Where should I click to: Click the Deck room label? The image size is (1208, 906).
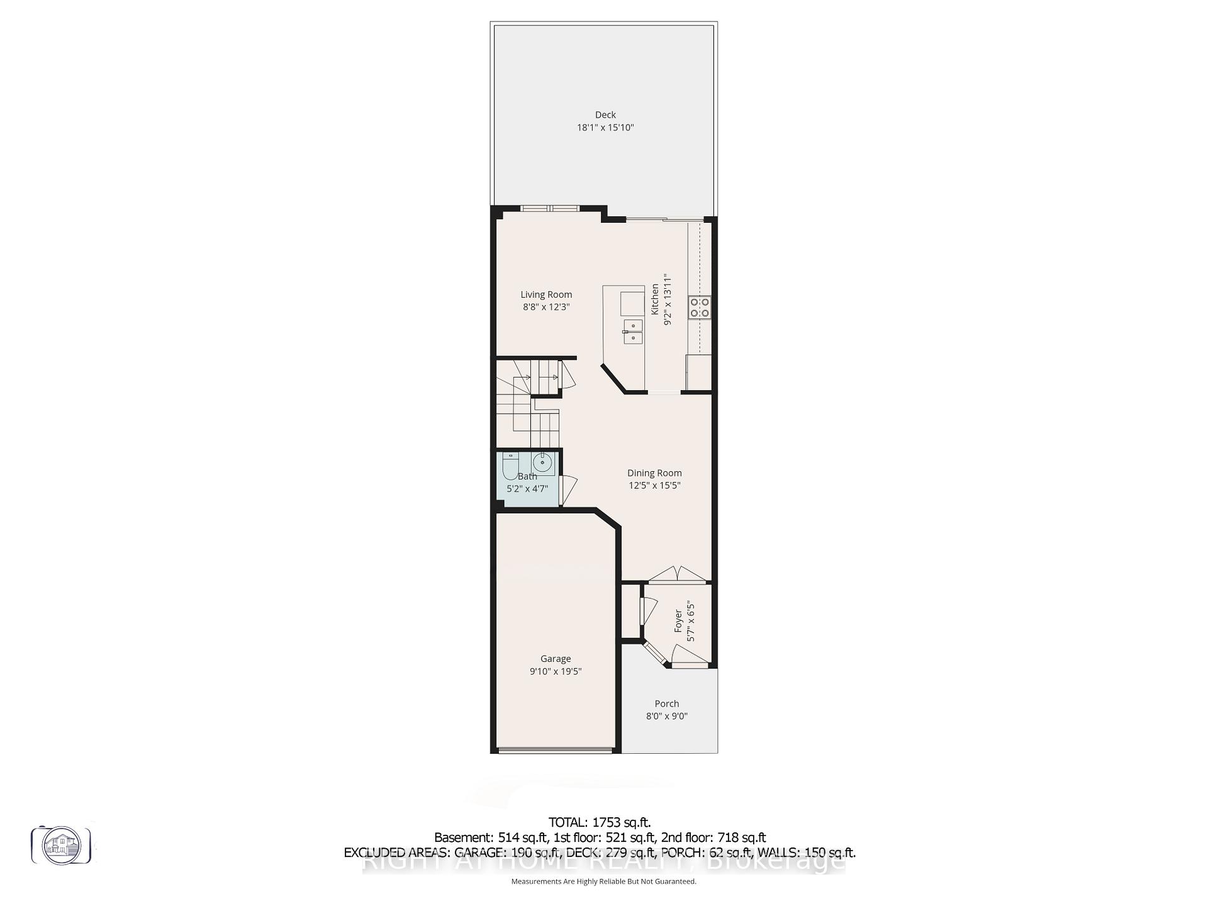(605, 115)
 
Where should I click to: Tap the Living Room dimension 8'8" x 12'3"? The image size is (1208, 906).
(545, 307)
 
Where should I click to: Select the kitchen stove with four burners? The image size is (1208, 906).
(700, 306)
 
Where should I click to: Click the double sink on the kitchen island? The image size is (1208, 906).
(633, 332)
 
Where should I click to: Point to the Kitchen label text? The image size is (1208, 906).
(655, 299)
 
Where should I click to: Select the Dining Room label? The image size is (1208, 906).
(654, 473)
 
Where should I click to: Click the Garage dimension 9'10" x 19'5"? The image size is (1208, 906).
(555, 671)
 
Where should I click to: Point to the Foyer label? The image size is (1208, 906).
(678, 621)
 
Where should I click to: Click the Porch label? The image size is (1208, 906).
(667, 703)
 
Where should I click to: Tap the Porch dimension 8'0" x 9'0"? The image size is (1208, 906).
(667, 716)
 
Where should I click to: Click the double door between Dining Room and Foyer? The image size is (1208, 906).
(677, 574)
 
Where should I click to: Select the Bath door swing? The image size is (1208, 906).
(569, 489)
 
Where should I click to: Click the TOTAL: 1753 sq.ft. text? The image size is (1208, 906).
(599, 822)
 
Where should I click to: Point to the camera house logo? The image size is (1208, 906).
(61, 845)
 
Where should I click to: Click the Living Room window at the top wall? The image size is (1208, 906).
(551, 209)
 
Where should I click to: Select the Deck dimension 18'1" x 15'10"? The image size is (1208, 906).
(605, 128)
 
